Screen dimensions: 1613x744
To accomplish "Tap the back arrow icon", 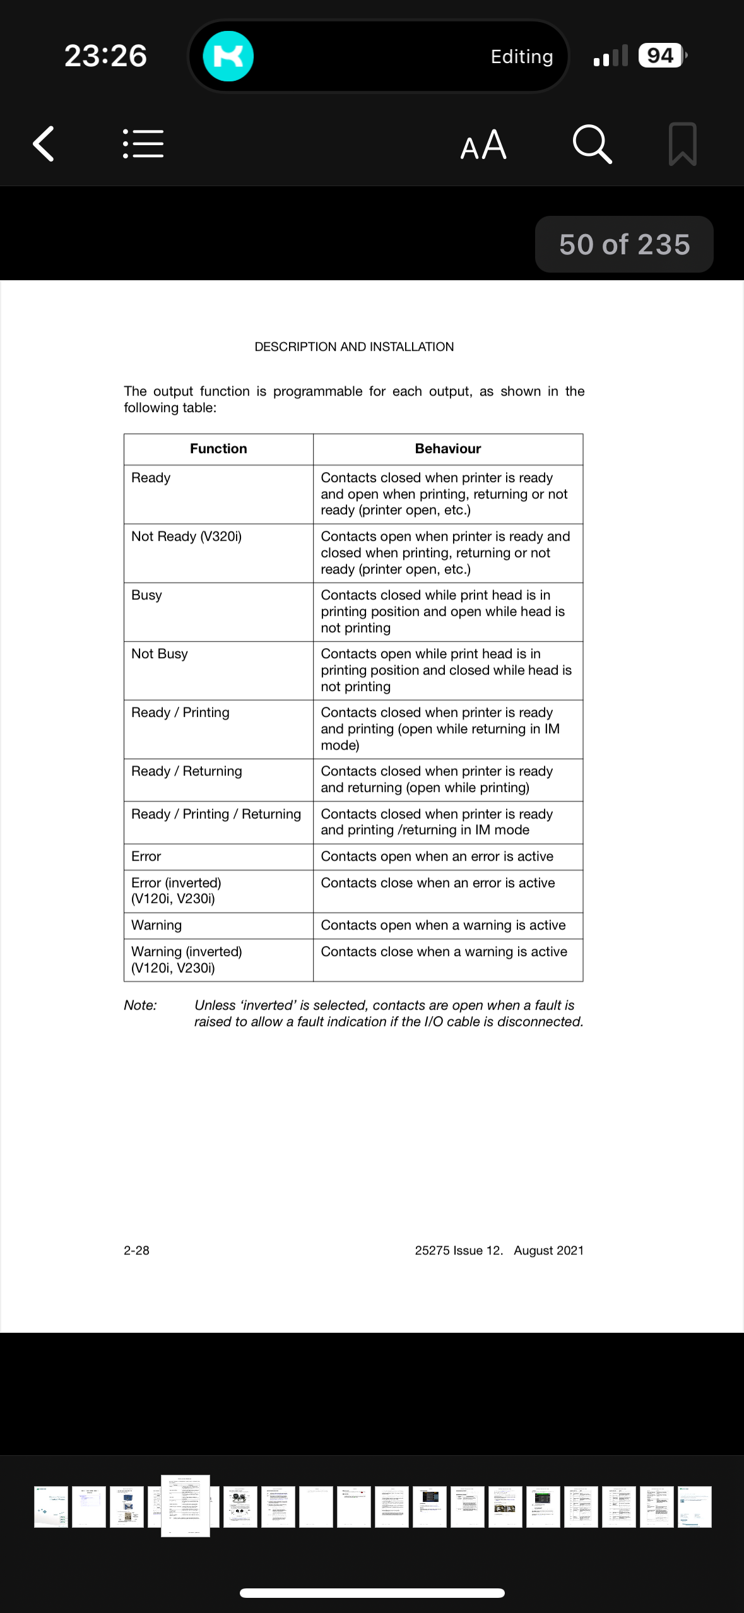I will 44,144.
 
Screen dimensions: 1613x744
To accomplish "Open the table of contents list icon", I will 143,144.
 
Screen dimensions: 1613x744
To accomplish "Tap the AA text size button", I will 483,145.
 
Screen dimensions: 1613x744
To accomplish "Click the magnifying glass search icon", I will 592,145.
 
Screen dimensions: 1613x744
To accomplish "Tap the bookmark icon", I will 682,145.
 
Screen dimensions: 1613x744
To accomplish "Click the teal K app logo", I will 228,56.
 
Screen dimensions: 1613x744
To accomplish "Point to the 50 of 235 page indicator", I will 624,244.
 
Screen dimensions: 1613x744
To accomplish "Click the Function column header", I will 218,449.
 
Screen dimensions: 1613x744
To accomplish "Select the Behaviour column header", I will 447,449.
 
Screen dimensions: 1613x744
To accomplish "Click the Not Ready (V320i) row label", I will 186,536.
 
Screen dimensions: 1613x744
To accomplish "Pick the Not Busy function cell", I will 160,654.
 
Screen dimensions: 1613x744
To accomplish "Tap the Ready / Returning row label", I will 186,771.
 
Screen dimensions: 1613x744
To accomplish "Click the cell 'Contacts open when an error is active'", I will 437,856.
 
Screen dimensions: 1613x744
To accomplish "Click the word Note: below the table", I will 140,1005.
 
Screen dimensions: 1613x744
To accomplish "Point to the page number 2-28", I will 136,1250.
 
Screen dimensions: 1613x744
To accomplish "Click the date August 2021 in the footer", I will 548,1250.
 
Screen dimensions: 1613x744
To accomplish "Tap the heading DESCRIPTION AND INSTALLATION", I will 354,346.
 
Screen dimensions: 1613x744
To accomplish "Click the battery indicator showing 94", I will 661,56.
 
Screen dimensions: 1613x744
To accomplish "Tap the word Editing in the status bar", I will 522,57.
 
